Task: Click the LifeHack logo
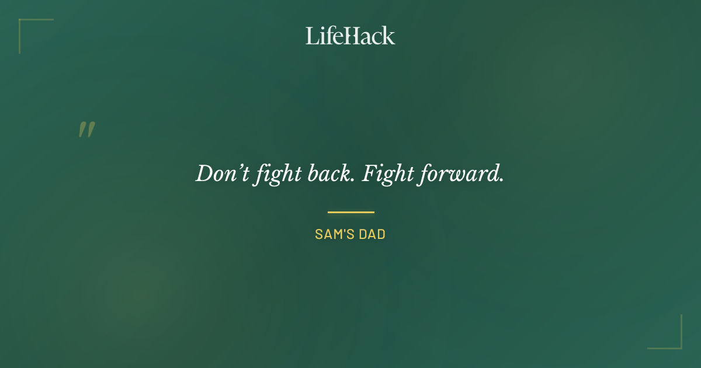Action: (x=350, y=36)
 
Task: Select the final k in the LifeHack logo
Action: (x=389, y=36)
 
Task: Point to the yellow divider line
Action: (x=350, y=212)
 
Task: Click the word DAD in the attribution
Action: (x=373, y=234)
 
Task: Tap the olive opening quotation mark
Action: (x=86, y=130)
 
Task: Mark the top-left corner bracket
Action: (x=21, y=21)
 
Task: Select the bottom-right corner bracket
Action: (x=680, y=347)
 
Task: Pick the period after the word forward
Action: (x=501, y=180)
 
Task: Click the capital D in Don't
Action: (x=203, y=173)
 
